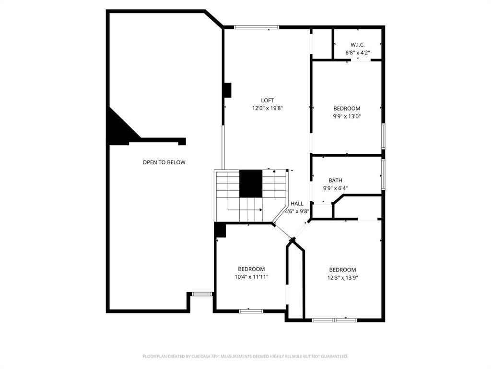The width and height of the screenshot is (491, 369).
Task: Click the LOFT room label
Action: (268, 100)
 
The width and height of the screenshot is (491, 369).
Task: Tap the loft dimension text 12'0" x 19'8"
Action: (268, 109)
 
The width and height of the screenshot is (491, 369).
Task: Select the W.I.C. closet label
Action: (357, 44)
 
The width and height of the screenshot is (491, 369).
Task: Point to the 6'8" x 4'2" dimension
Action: (357, 53)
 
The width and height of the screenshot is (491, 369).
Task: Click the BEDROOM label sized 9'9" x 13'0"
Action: (347, 109)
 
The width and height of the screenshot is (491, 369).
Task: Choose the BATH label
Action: (335, 180)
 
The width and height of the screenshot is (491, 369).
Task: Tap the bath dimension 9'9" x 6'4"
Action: (335, 188)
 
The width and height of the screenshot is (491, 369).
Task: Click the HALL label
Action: (297, 204)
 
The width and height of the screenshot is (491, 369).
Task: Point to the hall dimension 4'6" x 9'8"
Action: (297, 211)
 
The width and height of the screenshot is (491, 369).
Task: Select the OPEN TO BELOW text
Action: (164, 162)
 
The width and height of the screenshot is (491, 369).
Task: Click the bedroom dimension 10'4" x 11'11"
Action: (251, 277)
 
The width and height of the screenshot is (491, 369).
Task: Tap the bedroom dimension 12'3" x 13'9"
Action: (342, 278)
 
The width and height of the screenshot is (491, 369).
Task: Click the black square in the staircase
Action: (251, 184)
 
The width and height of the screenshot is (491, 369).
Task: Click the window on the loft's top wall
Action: (257, 27)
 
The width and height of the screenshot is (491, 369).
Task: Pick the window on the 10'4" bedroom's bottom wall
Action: (251, 311)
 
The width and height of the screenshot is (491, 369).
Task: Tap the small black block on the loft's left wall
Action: (227, 90)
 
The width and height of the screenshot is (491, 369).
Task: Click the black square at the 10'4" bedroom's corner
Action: (220, 230)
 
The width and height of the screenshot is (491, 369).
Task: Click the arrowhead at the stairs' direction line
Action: (261, 210)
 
